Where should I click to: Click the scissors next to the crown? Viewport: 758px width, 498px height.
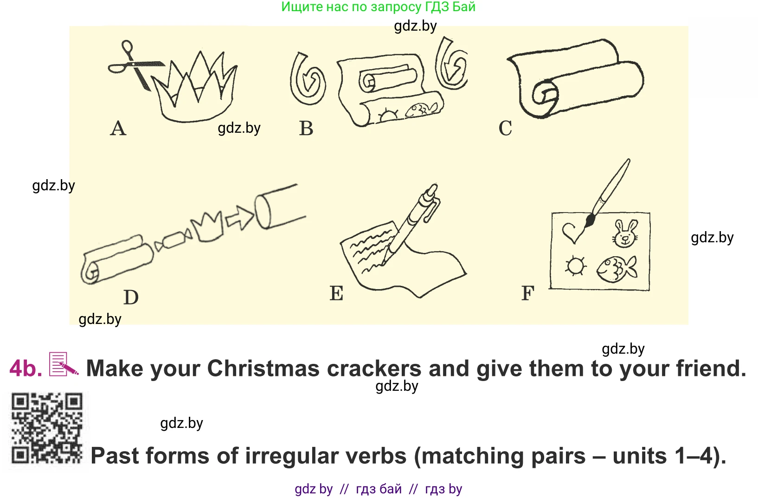tap(135, 66)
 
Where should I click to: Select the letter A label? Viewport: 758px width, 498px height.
tap(118, 129)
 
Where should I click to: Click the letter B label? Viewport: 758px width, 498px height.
tap(306, 129)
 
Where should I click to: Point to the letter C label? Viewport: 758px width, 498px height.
tap(505, 129)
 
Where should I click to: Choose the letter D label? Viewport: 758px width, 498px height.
tap(131, 298)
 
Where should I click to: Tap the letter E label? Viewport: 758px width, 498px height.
tap(336, 293)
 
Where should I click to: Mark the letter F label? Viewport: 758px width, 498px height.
tap(528, 293)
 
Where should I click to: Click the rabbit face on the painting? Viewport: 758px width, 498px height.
tap(625, 233)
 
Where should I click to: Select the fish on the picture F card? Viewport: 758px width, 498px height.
tap(616, 269)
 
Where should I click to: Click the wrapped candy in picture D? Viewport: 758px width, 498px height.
tap(173, 240)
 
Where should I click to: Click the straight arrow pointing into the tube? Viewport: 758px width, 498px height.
tap(239, 218)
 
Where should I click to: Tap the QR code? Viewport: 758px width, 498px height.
tap(47, 428)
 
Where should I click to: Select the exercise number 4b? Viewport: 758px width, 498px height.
tap(26, 369)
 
